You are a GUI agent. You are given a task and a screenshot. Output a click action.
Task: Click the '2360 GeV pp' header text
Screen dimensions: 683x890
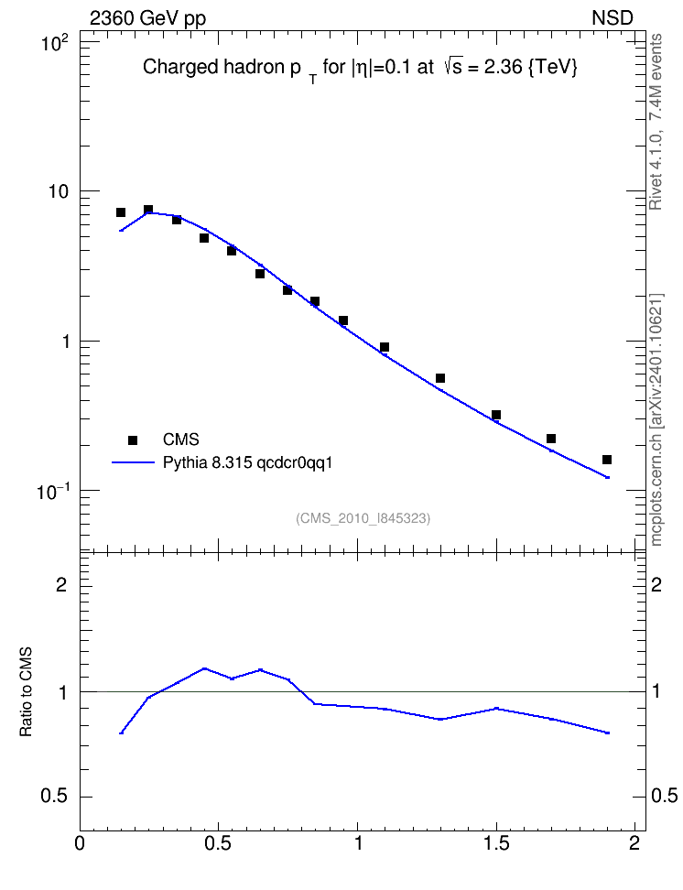147,18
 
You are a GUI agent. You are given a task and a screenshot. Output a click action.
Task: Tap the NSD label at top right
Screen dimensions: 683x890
612,18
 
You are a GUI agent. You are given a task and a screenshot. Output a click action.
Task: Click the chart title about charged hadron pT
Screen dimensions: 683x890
360,68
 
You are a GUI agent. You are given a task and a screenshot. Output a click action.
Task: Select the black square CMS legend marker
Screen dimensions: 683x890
133,440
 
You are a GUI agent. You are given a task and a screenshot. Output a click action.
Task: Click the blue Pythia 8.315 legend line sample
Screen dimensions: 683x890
133,462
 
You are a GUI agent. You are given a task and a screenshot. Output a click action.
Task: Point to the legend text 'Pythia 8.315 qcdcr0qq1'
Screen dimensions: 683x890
247,463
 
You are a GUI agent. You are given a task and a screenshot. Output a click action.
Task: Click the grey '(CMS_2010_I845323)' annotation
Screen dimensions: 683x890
363,518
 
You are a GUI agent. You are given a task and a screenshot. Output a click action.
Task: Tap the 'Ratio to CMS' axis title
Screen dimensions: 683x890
27,691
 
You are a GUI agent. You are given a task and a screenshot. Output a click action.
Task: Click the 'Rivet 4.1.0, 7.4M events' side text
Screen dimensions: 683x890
656,122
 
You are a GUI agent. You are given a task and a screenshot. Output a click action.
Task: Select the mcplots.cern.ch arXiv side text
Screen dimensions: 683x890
656,420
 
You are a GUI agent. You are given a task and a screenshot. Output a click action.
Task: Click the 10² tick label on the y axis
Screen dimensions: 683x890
55,42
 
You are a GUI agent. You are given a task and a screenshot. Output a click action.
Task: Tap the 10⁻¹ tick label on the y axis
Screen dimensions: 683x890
53,492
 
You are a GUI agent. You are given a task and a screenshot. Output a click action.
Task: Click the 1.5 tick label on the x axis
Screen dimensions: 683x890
496,843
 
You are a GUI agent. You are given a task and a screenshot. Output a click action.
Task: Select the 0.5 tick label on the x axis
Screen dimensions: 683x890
218,843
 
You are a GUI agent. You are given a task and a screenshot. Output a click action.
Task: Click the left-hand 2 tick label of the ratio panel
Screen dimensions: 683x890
61,584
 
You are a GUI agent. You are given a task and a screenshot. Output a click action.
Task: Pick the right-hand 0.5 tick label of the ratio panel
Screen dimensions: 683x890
664,796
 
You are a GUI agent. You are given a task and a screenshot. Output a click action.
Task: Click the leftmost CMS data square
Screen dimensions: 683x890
120,212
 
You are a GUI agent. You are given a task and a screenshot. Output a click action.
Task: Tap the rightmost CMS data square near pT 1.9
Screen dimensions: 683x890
607,460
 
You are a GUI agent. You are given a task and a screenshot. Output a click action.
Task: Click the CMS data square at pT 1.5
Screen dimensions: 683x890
495,415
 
